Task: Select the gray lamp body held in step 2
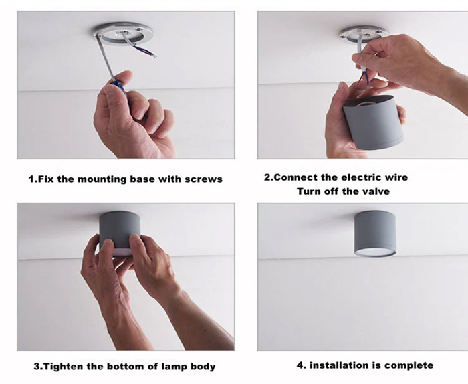(373, 122)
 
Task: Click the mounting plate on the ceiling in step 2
(364, 33)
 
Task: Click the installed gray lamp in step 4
(375, 233)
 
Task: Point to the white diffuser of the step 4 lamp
(375, 253)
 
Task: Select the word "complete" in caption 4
(408, 365)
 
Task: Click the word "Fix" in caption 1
(46, 179)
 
